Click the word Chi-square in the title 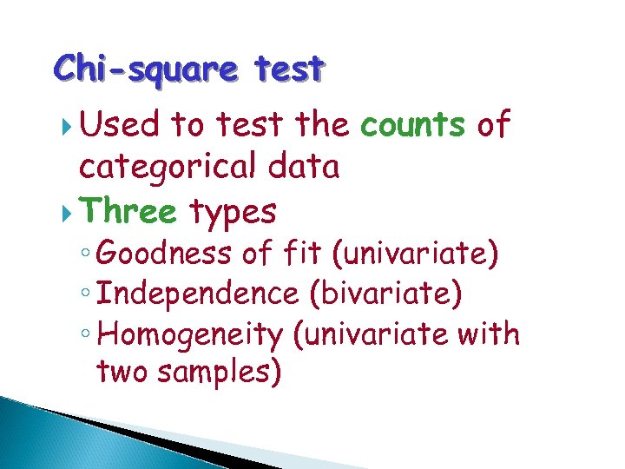pyautogui.click(x=141, y=68)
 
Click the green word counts pyautogui.click(x=413, y=126)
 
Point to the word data pyautogui.click(x=304, y=167)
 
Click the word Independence pyautogui.click(x=198, y=294)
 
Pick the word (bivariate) pyautogui.click(x=385, y=294)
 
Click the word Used pyautogui.click(x=119, y=126)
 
